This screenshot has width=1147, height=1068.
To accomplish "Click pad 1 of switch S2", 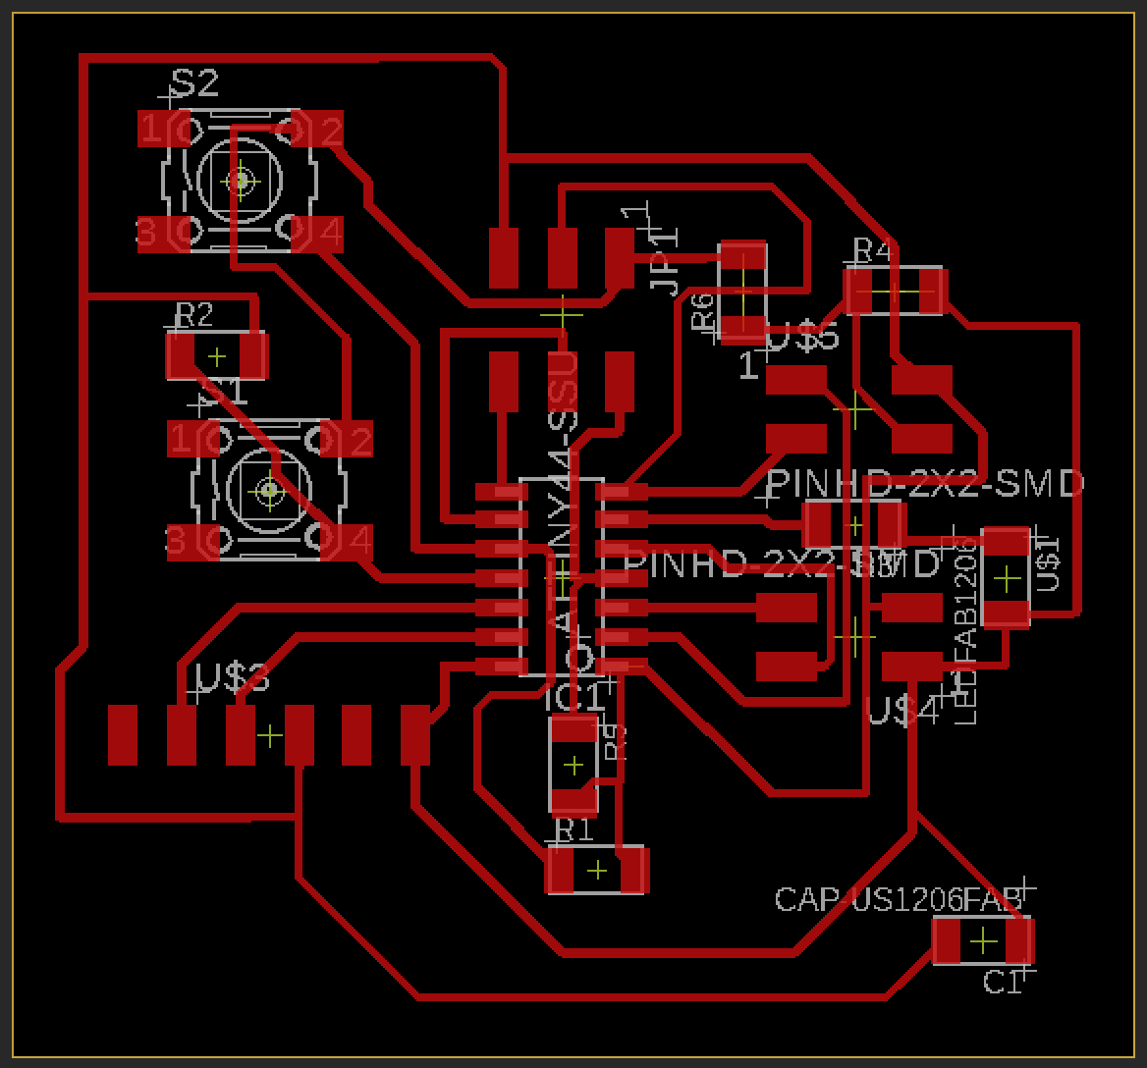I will [161, 129].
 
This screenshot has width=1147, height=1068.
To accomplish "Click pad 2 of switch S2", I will [317, 129].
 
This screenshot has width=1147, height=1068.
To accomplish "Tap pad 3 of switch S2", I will [161, 233].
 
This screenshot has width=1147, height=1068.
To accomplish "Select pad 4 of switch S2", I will [317, 233].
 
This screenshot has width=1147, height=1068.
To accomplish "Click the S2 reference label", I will [194, 84].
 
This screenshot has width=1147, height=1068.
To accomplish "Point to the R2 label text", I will [193, 315].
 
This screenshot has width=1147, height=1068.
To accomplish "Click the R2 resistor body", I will [217, 355].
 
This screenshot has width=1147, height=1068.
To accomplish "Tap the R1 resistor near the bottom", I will [597, 871].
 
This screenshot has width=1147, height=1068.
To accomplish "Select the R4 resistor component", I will [894, 292].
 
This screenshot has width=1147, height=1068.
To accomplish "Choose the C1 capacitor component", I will [982, 941].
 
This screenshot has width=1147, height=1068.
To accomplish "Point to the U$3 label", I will [234, 677].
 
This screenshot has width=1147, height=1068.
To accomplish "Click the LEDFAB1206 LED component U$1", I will [1006, 577].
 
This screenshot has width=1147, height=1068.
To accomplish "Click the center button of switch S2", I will [240, 181].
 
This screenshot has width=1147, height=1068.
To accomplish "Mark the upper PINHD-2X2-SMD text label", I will [924, 483].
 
